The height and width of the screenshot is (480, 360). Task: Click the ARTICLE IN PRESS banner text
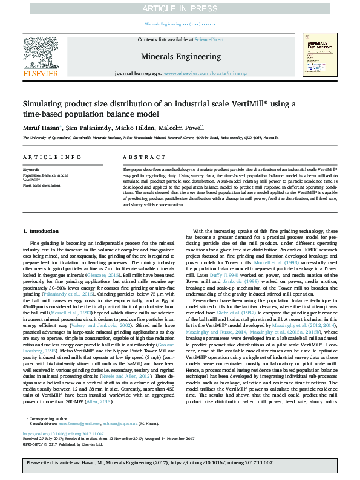point(180,8)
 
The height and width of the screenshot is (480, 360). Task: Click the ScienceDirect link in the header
point(209,39)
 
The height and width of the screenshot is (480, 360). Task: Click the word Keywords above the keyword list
point(30,170)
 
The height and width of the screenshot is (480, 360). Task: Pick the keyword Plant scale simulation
point(43,185)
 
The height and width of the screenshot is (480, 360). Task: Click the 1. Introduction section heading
point(41,232)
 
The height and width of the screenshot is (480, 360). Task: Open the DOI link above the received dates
point(57,433)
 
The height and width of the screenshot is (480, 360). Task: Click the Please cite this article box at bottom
point(180,463)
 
